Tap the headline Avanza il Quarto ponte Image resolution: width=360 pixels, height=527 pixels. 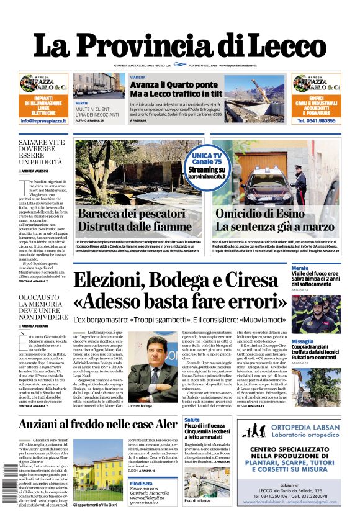pos(174,84)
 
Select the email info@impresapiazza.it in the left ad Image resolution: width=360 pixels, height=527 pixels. pos(43,120)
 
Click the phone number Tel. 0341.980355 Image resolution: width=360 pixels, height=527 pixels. pos(317,121)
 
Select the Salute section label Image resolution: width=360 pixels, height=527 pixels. pos(192,420)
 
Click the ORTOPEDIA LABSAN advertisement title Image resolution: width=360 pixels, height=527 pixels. pos(289,428)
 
